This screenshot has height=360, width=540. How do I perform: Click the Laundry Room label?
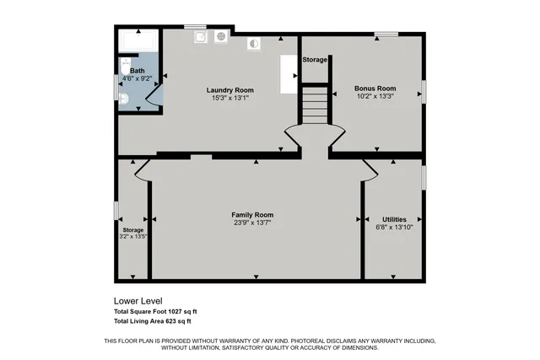(230, 90)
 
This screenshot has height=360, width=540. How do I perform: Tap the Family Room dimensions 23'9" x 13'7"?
(252, 223)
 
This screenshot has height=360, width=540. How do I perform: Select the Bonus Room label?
(375, 89)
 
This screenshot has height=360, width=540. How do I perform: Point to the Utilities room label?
(394, 218)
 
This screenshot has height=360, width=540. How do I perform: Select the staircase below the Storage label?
(314, 105)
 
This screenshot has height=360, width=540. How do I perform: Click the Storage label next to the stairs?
(315, 60)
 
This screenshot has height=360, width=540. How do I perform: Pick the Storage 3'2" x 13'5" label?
(133, 230)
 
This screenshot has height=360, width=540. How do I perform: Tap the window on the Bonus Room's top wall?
(386, 34)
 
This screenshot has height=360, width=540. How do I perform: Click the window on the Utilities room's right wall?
(424, 178)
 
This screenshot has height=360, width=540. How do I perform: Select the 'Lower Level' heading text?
(138, 301)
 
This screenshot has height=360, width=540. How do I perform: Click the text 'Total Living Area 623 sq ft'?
(153, 321)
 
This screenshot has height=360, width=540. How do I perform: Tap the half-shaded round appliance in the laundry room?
(252, 43)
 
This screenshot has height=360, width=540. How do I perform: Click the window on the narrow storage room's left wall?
(116, 210)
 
